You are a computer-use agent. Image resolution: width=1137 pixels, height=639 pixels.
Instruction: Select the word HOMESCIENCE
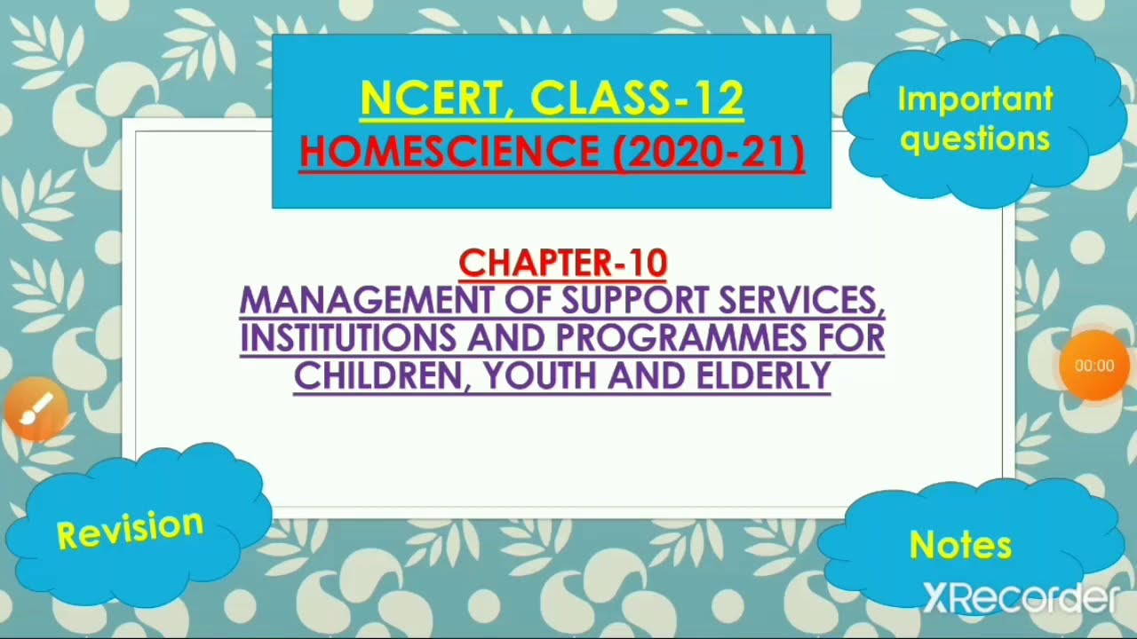[449, 152]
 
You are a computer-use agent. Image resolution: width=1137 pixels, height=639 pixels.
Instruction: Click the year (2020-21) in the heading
[708, 152]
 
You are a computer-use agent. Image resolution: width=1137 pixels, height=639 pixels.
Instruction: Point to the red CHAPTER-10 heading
[562, 263]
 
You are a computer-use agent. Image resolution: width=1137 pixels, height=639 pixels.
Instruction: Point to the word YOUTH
[541, 375]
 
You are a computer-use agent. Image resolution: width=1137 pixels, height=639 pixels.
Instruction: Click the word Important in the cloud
[974, 99]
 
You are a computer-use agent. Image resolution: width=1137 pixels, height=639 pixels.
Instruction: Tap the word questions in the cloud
[974, 138]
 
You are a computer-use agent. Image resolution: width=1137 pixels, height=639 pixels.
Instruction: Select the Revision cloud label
[130, 529]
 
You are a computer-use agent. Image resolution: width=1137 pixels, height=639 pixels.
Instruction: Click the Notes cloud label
[960, 545]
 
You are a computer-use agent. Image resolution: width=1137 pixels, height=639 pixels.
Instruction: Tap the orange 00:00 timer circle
[1093, 366]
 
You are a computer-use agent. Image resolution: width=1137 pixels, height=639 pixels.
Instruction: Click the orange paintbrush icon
[36, 409]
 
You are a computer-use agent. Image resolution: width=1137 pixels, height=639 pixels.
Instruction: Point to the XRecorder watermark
[1019, 599]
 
